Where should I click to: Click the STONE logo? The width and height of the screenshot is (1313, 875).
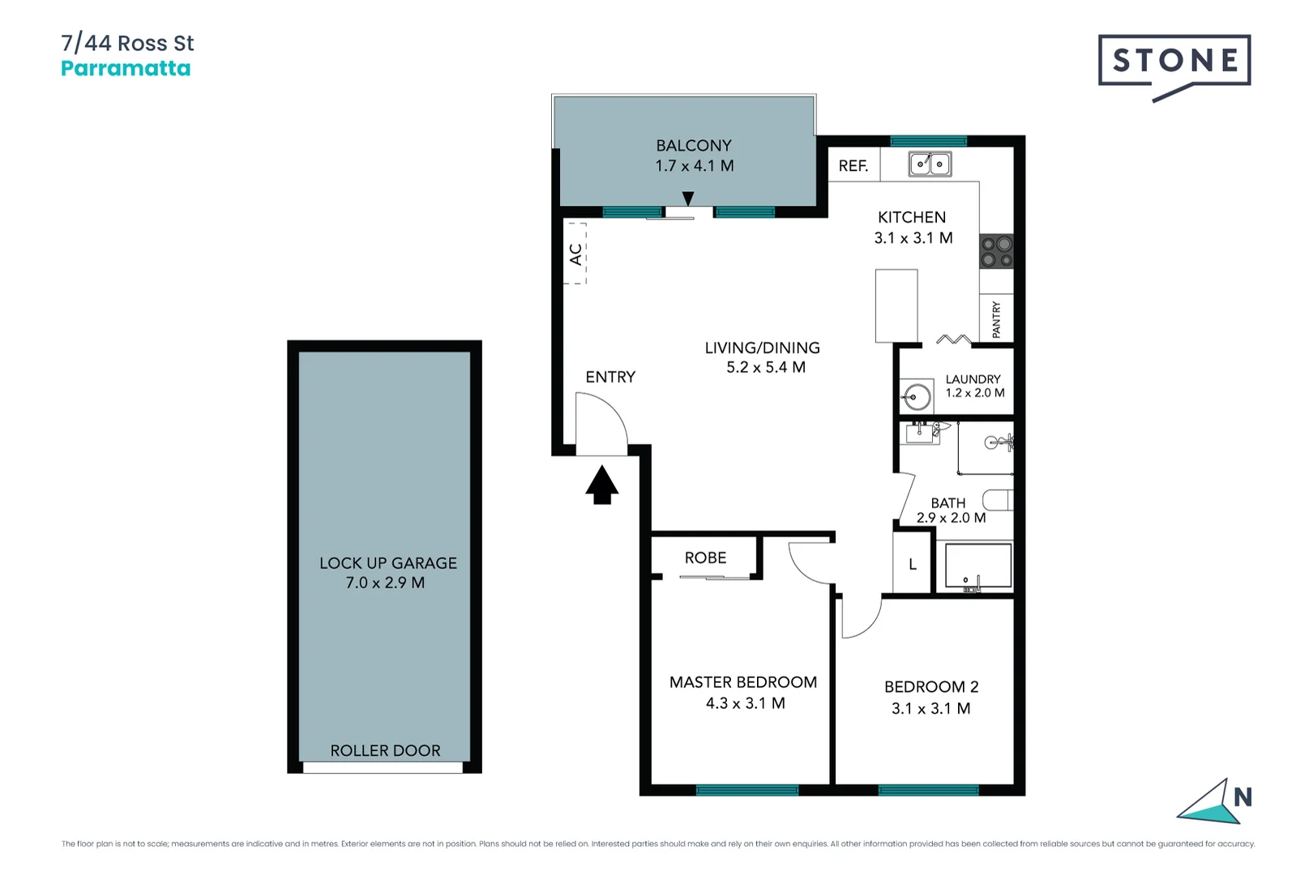point(1174,62)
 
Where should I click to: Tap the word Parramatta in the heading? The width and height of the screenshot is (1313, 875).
point(126,69)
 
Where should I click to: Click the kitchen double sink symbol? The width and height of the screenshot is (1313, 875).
point(930,164)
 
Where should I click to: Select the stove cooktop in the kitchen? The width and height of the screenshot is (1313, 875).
point(997,251)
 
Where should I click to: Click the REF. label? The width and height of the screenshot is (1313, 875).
point(853,166)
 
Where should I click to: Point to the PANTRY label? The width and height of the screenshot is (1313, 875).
point(996,319)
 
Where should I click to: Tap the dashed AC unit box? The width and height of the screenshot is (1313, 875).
point(575,254)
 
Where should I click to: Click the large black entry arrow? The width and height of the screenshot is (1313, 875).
point(601,484)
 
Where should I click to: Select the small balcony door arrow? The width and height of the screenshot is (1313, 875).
point(688,198)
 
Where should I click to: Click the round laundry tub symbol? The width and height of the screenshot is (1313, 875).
point(917,397)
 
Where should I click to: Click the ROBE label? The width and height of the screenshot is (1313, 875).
point(705,557)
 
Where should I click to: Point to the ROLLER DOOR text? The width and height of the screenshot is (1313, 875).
point(385,751)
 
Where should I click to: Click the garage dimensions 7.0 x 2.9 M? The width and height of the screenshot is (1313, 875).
point(385,583)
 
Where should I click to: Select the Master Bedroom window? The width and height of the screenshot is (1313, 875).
point(746,790)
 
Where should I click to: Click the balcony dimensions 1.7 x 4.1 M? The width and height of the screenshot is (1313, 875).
point(695,166)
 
